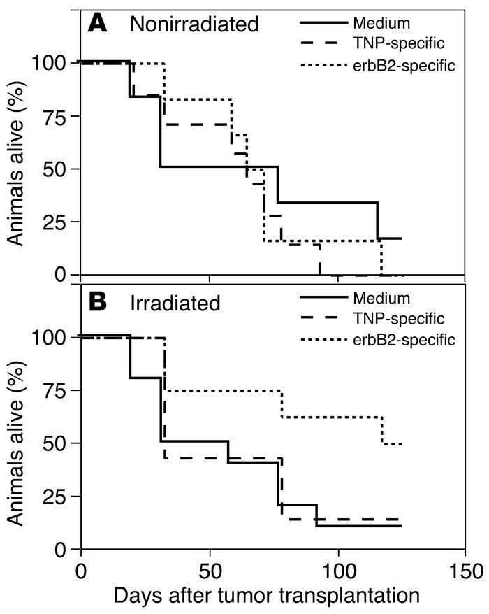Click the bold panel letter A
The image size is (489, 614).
click(98, 24)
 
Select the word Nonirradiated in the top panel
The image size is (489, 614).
click(194, 25)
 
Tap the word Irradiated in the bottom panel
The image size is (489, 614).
click(175, 303)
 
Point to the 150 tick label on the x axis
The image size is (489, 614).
click(465, 569)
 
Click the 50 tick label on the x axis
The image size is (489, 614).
click(210, 569)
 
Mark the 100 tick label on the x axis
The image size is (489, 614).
click(338, 569)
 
